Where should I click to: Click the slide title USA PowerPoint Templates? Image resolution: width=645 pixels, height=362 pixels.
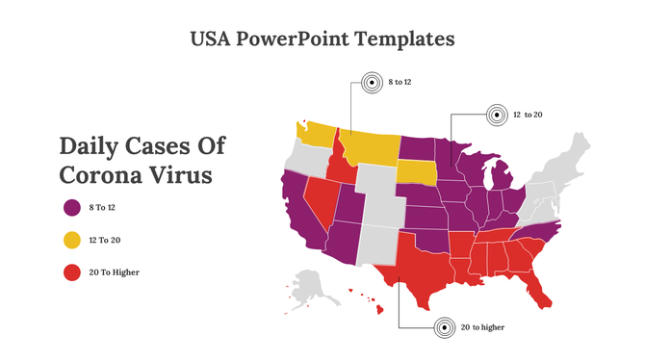[322, 39]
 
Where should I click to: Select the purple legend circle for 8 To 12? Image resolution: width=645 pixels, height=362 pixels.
[71, 207]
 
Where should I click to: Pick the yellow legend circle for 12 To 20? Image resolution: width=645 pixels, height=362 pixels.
[71, 240]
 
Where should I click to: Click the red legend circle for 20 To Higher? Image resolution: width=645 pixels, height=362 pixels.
[71, 272]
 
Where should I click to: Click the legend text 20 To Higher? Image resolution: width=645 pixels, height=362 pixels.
[114, 272]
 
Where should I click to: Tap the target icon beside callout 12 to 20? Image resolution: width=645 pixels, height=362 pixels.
[496, 115]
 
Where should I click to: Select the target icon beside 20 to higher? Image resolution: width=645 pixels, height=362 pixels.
[444, 327]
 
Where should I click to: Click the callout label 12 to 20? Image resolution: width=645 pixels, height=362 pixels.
[528, 115]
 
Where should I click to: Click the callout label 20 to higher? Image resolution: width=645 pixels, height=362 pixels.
[482, 327]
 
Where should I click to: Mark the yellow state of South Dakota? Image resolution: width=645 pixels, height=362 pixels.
[416, 171]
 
